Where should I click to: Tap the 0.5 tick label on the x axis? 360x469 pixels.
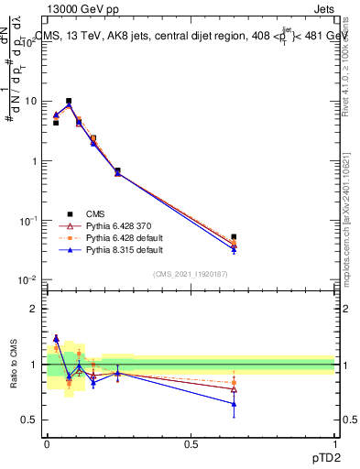point(191,442)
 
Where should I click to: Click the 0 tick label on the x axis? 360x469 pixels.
point(47,442)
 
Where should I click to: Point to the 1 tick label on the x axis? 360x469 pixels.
point(335,442)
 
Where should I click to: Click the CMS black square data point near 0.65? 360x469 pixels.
point(234,237)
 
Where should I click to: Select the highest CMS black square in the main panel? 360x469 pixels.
point(69,101)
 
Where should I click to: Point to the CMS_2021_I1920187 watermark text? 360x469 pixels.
point(191,274)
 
